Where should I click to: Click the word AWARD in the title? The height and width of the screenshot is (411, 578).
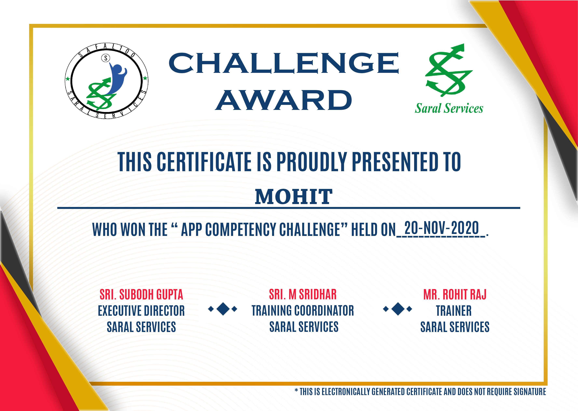click(284, 100)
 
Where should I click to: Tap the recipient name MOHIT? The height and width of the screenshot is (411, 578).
click(294, 197)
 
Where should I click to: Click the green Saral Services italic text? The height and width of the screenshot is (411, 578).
click(449, 108)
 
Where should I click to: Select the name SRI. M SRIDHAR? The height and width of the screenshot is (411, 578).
click(303, 294)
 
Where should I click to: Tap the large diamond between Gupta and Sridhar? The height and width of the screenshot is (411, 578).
click(223, 309)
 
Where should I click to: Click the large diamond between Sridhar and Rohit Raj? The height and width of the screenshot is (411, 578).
click(398, 309)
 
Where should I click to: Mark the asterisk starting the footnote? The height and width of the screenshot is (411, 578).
click(296, 391)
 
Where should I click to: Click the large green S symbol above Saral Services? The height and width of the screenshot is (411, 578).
click(449, 70)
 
